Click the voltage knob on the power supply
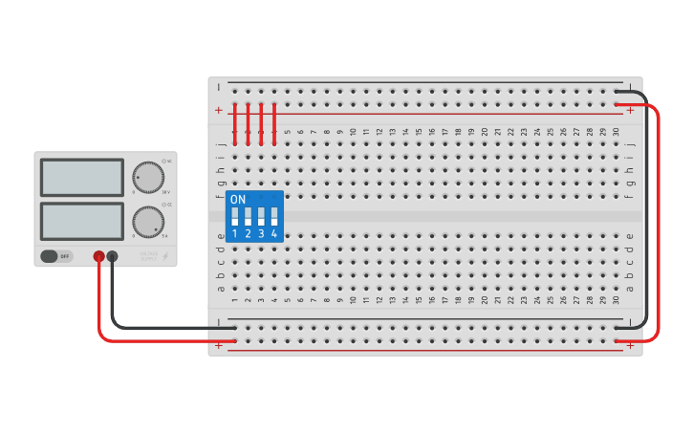tap(147, 177)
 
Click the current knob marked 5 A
tap(147, 222)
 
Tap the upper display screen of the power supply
tap(82, 177)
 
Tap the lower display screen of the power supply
tap(82, 222)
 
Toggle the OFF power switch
tap(56, 256)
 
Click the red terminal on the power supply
tap(98, 256)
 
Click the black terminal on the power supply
tap(113, 256)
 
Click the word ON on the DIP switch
tap(238, 200)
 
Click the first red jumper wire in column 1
tap(234, 124)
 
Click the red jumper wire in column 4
tap(274, 124)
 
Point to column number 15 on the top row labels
tap(419, 132)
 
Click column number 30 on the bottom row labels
tap(616, 301)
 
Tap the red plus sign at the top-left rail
tap(219, 110)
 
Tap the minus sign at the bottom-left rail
tap(219, 323)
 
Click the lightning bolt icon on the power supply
tap(166, 256)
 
